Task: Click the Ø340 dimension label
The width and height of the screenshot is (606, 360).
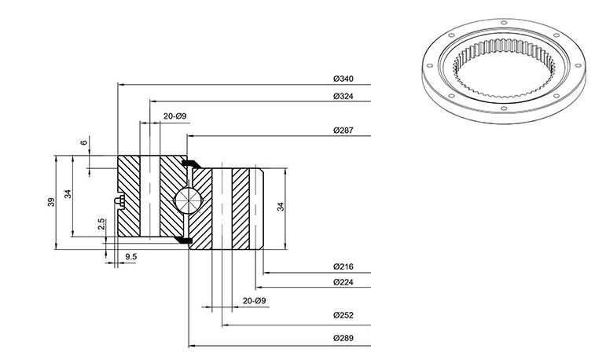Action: coord(343,79)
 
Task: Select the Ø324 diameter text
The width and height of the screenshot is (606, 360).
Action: coord(343,96)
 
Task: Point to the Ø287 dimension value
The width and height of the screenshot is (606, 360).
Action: coord(343,130)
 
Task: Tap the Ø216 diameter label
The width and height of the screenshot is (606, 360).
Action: coord(343,266)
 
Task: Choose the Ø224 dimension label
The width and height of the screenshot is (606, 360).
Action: coord(343,282)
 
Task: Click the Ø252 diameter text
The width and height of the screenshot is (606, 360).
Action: coord(343,315)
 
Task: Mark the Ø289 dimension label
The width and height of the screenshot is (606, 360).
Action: coord(343,338)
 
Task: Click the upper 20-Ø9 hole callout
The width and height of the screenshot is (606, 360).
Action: coord(174,116)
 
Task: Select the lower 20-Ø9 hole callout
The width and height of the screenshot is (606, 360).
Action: coord(255,301)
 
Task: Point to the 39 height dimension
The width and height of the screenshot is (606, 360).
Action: coord(51,202)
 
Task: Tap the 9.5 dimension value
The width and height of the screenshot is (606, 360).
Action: coord(131,257)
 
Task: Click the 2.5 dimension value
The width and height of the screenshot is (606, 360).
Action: coord(101,224)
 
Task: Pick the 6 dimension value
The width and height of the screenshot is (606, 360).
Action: coord(84,143)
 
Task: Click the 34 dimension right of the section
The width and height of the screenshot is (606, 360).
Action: coord(281,207)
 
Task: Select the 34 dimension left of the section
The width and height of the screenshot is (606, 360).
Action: coord(68,193)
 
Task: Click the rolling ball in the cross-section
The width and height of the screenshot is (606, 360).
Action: coord(188,200)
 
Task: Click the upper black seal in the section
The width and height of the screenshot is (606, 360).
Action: coord(191,163)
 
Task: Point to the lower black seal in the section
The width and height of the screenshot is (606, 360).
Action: coord(184,241)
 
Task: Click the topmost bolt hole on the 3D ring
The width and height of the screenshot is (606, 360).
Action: coord(504,23)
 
